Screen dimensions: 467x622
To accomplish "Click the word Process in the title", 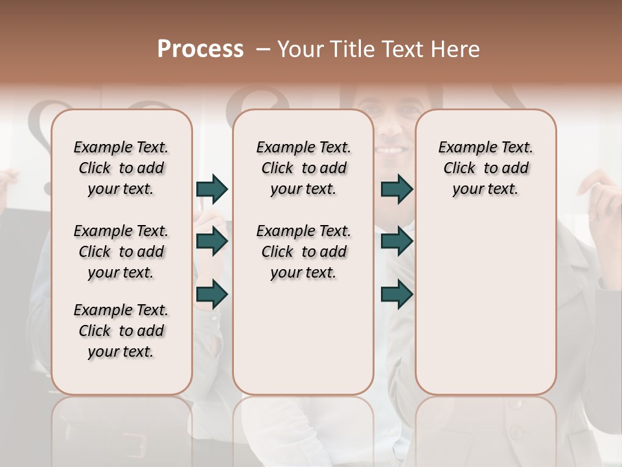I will click(x=200, y=49).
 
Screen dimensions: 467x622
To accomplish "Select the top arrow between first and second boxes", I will click(x=212, y=189).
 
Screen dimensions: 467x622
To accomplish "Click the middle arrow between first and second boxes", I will click(x=212, y=242).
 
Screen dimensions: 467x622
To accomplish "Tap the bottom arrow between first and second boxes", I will click(x=212, y=294).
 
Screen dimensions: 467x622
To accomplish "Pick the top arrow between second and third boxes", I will click(x=397, y=189).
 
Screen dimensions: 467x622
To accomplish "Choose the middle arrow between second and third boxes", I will click(x=397, y=242).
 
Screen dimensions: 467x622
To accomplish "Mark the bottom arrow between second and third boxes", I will click(x=397, y=294).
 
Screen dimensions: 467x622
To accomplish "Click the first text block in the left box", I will click(x=121, y=168).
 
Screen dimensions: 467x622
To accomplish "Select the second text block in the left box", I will click(x=121, y=252).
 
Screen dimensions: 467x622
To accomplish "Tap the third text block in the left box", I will click(x=121, y=331).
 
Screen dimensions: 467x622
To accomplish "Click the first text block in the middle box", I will click(x=303, y=168).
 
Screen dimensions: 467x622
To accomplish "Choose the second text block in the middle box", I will click(x=303, y=252).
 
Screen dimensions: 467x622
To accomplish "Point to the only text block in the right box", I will click(x=485, y=168).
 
